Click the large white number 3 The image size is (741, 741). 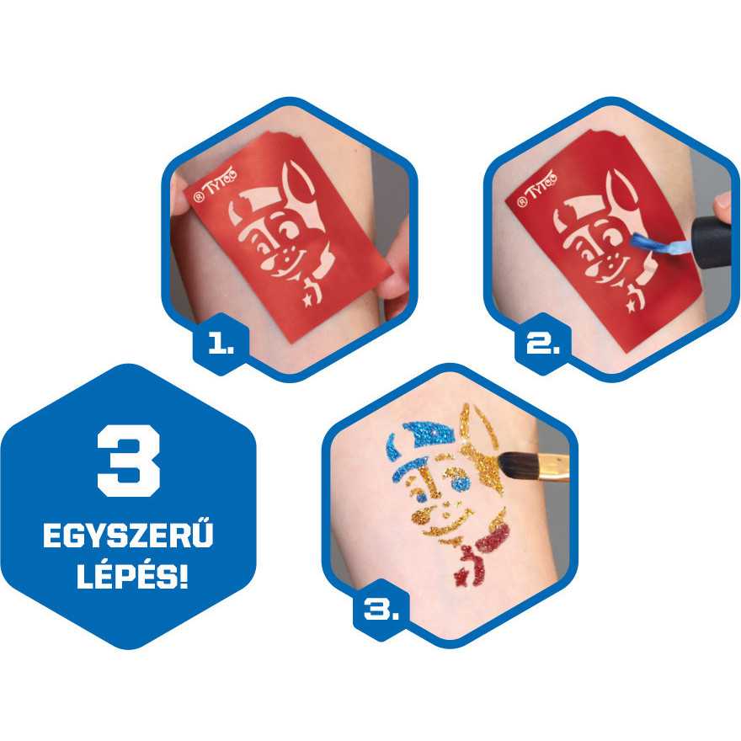(x=129, y=461)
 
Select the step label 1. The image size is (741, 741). (x=221, y=344)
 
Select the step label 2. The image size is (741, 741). (x=542, y=344)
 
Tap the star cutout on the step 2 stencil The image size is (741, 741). (x=632, y=306)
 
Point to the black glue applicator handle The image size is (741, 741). (x=712, y=242)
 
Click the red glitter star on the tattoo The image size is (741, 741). (x=461, y=577)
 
